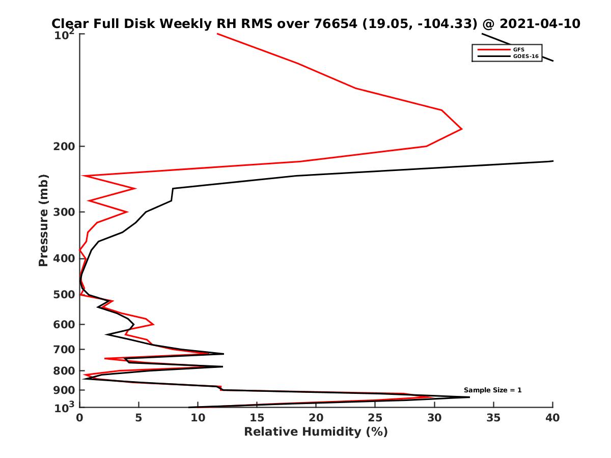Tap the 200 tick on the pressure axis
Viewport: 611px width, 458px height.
point(64,147)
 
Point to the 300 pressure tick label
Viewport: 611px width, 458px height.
point(64,212)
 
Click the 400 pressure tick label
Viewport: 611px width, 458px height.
point(64,259)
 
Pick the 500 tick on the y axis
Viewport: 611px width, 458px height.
point(64,295)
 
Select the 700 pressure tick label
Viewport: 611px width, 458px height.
point(64,350)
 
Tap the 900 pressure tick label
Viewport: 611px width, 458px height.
point(64,390)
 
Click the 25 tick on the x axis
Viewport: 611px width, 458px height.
point(375,418)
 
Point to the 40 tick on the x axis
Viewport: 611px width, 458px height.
point(552,418)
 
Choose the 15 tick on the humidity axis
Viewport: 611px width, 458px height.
point(257,418)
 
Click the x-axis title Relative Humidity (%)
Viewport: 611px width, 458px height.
point(316,432)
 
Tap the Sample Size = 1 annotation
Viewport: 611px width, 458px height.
point(492,390)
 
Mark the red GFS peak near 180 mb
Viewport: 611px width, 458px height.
point(462,129)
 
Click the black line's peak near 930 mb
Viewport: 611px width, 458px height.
point(469,397)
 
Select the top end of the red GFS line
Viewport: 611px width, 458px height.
point(217,34)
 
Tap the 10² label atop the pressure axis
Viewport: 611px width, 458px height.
point(65,35)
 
